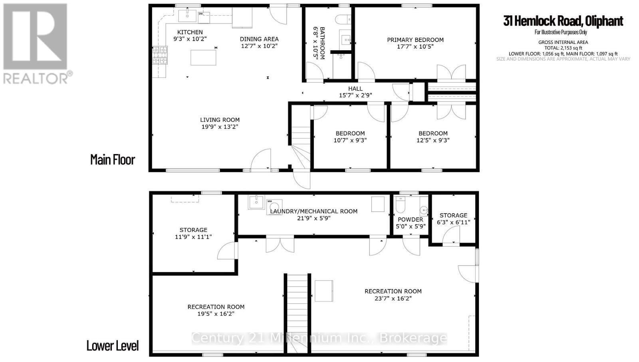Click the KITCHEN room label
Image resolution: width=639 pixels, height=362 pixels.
[190, 32]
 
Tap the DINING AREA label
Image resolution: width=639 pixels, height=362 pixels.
[259, 39]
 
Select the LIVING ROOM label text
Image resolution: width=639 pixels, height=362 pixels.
[220, 120]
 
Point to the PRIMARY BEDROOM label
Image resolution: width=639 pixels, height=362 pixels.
[415, 40]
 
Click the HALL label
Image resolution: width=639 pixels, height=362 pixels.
[355, 89]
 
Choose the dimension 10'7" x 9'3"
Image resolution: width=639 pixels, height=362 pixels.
[350, 140]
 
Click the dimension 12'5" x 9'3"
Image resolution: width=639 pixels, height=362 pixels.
[433, 140]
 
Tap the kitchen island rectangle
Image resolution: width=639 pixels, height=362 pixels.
[203, 57]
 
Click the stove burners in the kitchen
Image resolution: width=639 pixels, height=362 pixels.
[160, 55]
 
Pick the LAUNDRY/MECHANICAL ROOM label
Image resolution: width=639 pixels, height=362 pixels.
[314, 211]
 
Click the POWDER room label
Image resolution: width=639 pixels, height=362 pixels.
[410, 220]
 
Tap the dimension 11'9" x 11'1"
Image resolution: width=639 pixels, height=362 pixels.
[193, 237]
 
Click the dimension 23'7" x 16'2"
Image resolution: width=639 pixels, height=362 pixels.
[393, 299]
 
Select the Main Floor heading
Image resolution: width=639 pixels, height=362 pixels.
[113, 160]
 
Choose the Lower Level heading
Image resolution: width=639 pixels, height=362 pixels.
[113, 346]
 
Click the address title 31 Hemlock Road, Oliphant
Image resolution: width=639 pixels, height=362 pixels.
[563, 21]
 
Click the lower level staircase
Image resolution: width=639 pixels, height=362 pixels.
[298, 311]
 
